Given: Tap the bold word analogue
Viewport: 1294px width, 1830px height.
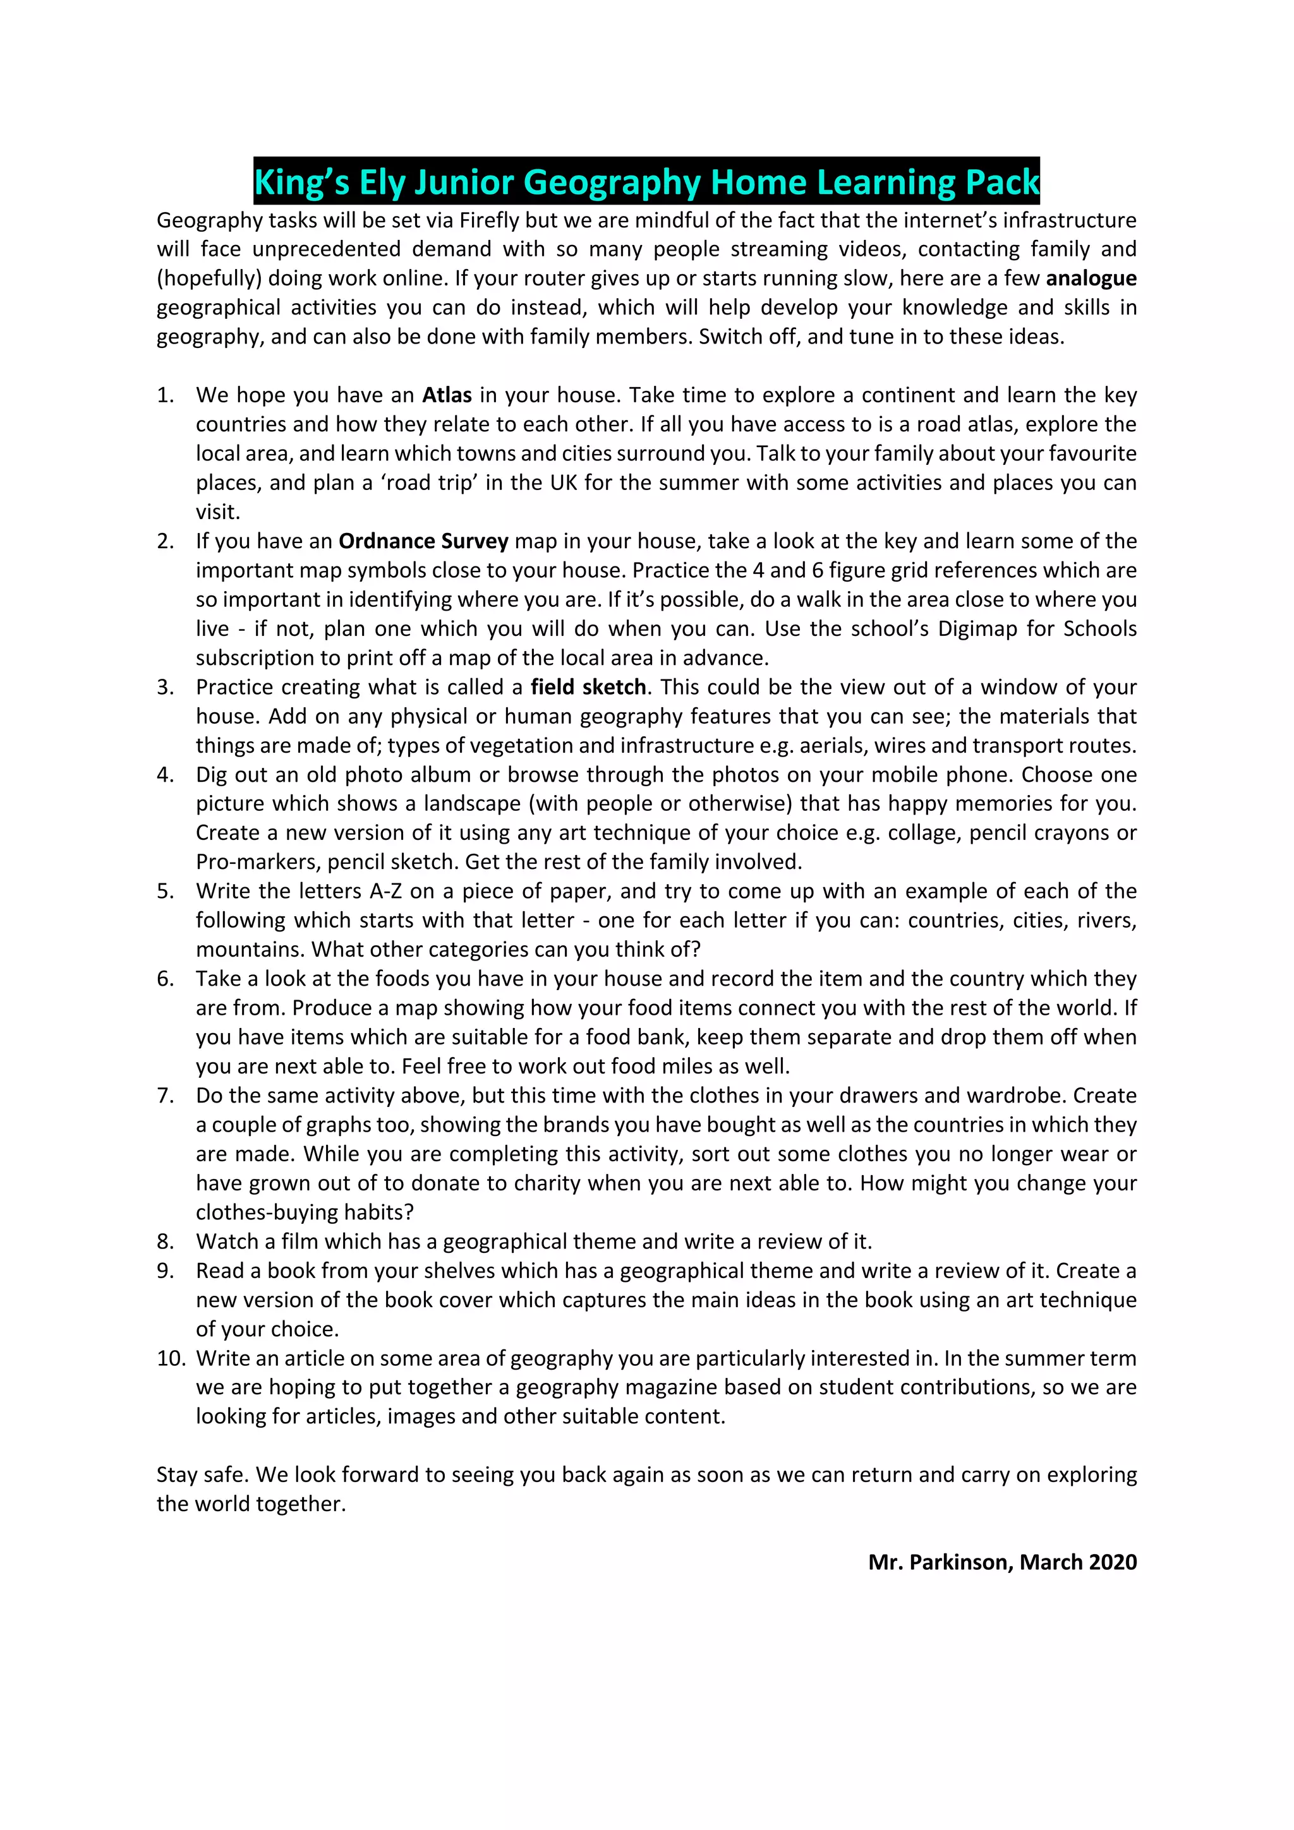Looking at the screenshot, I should tap(1091, 278).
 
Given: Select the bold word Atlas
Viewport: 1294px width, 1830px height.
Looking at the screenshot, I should tap(447, 395).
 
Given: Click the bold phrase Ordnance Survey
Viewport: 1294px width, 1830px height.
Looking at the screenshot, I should tap(423, 541).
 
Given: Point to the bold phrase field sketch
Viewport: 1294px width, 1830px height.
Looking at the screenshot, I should tap(588, 687).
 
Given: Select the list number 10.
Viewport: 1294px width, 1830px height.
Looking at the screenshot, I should tap(171, 1358).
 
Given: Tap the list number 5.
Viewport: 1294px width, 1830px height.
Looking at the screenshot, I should tap(165, 891).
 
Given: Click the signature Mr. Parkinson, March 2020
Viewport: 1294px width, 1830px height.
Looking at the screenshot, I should tap(1002, 1562).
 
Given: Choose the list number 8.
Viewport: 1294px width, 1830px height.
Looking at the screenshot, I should tap(165, 1241).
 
